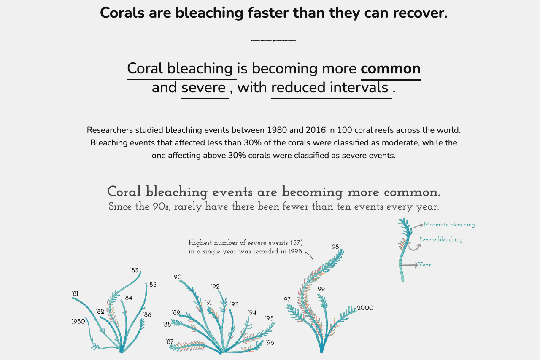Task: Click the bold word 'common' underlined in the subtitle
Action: click(x=391, y=69)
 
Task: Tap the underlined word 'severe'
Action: click(x=203, y=88)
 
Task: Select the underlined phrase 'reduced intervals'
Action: click(x=330, y=87)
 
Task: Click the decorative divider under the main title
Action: click(x=274, y=40)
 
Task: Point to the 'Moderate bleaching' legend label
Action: click(x=449, y=225)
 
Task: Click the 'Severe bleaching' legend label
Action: click(x=441, y=239)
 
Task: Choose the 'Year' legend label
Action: click(x=424, y=265)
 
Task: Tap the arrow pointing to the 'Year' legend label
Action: click(x=409, y=265)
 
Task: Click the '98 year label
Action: click(x=335, y=247)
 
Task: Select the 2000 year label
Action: click(x=365, y=308)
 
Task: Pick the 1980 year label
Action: click(x=78, y=322)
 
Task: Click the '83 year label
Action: click(x=135, y=270)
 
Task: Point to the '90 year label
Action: click(x=177, y=277)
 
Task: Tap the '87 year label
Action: click(x=170, y=342)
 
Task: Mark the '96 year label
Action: click(x=270, y=342)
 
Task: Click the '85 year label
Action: click(x=152, y=285)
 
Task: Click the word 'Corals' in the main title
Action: click(x=122, y=13)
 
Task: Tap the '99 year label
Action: click(x=321, y=289)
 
